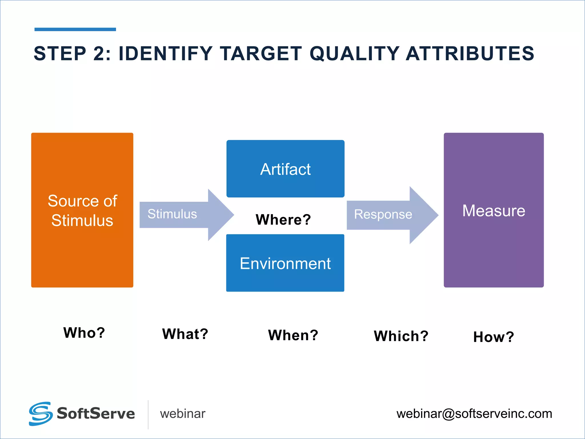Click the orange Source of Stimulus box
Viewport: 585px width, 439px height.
[x=82, y=210]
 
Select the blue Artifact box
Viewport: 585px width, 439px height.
[x=285, y=169]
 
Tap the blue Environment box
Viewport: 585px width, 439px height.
[x=285, y=263]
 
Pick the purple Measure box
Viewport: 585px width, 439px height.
[x=494, y=210]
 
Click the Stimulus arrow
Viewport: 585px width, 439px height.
[x=183, y=214]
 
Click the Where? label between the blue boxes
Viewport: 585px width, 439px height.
[x=283, y=219]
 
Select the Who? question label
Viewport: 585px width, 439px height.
[x=84, y=333]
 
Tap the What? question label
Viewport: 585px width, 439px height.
[x=185, y=334]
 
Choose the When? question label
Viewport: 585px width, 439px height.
[x=293, y=335]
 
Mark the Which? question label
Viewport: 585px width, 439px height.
[x=401, y=336]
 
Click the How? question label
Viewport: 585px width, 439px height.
[x=494, y=337]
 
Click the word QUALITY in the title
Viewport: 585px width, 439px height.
[x=354, y=53]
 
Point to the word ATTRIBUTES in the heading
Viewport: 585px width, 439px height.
[x=470, y=53]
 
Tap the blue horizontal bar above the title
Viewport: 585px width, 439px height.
[x=75, y=29]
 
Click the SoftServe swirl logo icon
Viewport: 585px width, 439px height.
[x=41, y=414]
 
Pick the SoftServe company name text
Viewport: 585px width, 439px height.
[x=96, y=414]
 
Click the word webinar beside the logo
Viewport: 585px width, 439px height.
[x=183, y=414]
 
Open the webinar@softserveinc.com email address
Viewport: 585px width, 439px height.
[x=474, y=414]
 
